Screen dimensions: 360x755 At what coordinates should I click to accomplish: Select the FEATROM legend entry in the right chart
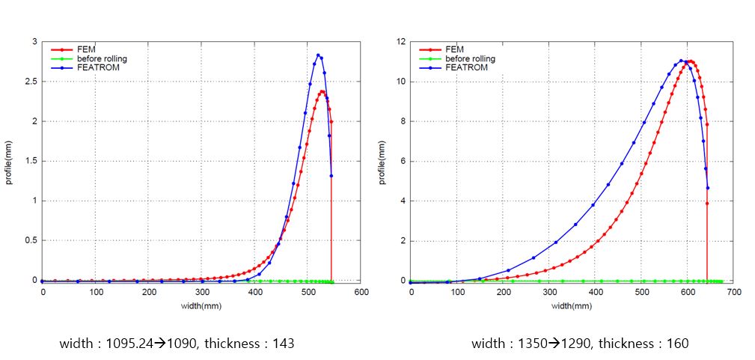pyautogui.click(x=466, y=67)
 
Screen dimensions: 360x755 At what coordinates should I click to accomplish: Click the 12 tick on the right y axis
pyautogui.click(x=401, y=42)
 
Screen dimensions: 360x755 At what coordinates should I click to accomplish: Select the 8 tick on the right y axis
pyautogui.click(x=403, y=121)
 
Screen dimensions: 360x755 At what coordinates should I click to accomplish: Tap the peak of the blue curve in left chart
pyautogui.click(x=318, y=55)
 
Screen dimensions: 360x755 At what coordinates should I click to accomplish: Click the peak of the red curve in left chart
pyautogui.click(x=322, y=91)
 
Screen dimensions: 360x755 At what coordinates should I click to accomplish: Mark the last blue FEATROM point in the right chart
pyautogui.click(x=707, y=188)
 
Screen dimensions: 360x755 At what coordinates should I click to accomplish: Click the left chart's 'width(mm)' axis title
pyautogui.click(x=202, y=305)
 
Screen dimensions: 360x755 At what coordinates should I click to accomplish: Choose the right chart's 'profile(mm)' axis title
pyautogui.click(x=382, y=161)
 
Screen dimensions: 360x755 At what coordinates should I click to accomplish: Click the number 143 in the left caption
pyautogui.click(x=283, y=344)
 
